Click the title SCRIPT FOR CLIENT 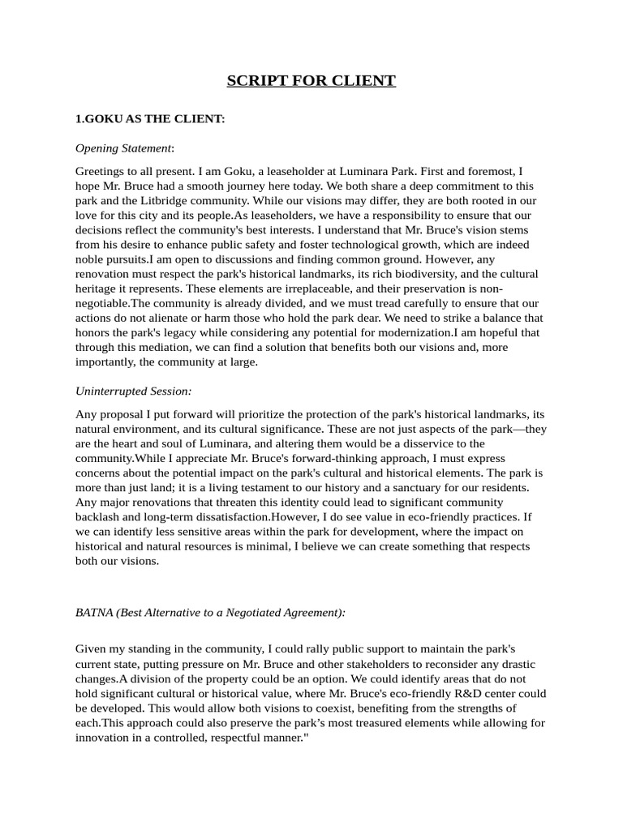(x=311, y=80)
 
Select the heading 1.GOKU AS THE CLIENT (x=149, y=119)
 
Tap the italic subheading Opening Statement (x=123, y=148)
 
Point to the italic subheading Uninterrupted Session (x=133, y=391)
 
